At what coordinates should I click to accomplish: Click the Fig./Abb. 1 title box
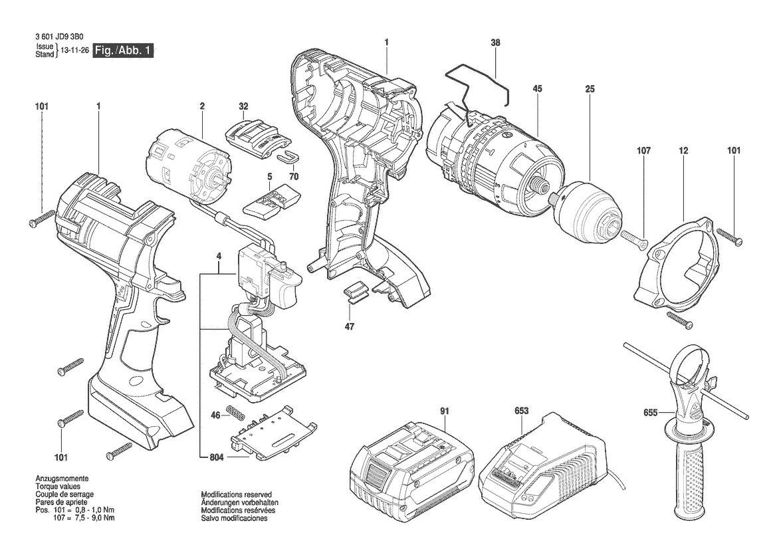pyautogui.click(x=124, y=50)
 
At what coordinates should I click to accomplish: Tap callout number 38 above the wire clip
pyautogui.click(x=496, y=43)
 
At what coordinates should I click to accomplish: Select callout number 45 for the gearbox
pyautogui.click(x=538, y=88)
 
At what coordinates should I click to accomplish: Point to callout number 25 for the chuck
pyautogui.click(x=590, y=88)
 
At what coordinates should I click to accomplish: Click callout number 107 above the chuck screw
pyautogui.click(x=643, y=150)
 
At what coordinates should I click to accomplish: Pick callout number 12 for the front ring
pyautogui.click(x=684, y=150)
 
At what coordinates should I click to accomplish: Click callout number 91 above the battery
pyautogui.click(x=445, y=411)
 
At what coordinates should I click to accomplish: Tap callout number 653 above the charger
pyautogui.click(x=521, y=411)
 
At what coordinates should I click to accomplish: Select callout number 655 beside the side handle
pyautogui.click(x=651, y=412)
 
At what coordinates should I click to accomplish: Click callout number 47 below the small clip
pyautogui.click(x=350, y=326)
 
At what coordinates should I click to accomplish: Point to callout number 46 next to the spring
pyautogui.click(x=215, y=415)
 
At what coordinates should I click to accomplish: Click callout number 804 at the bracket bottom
pyautogui.click(x=217, y=457)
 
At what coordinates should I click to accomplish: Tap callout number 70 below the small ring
pyautogui.click(x=294, y=176)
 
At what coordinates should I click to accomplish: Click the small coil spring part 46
pyautogui.click(x=237, y=412)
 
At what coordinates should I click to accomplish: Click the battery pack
pyautogui.click(x=412, y=461)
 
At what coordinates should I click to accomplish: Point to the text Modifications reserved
pyautogui.click(x=237, y=494)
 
